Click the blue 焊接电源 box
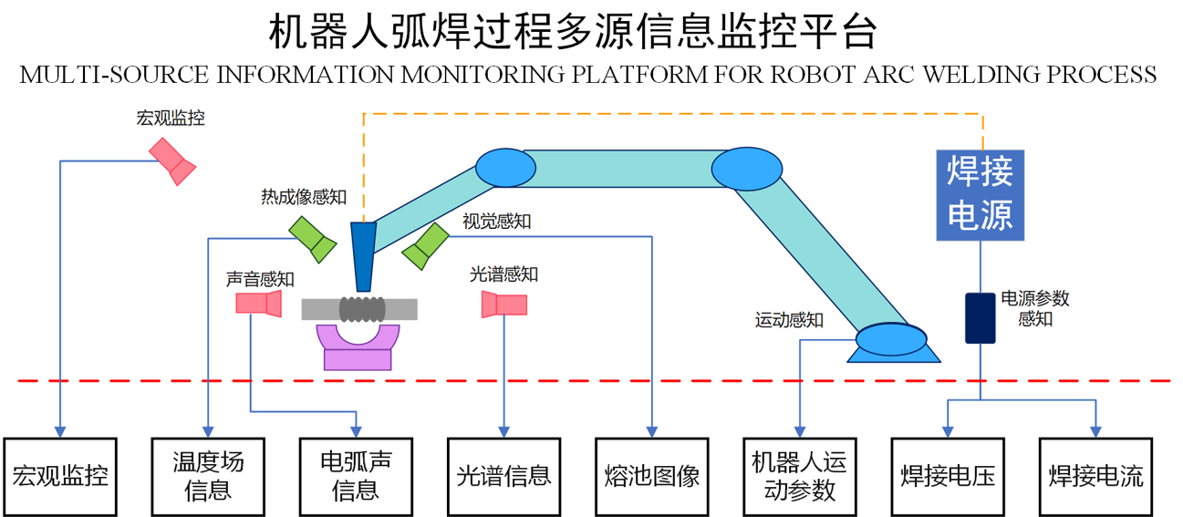click(981, 195)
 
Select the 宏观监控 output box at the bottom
click(60, 475)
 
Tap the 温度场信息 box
click(208, 475)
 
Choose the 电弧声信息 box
click(356, 475)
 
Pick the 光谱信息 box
click(503, 475)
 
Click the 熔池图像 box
click(651, 475)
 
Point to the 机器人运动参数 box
click(799, 475)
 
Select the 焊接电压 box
click(947, 475)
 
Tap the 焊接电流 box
click(1095, 475)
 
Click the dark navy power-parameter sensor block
click(981, 317)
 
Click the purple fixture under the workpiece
click(358, 347)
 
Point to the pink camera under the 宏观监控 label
click(173, 160)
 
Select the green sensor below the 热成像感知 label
click(312, 240)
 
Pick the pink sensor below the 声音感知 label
click(258, 304)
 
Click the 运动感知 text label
click(789, 320)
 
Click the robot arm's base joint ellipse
click(889, 339)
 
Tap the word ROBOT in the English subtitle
click(783, 74)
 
